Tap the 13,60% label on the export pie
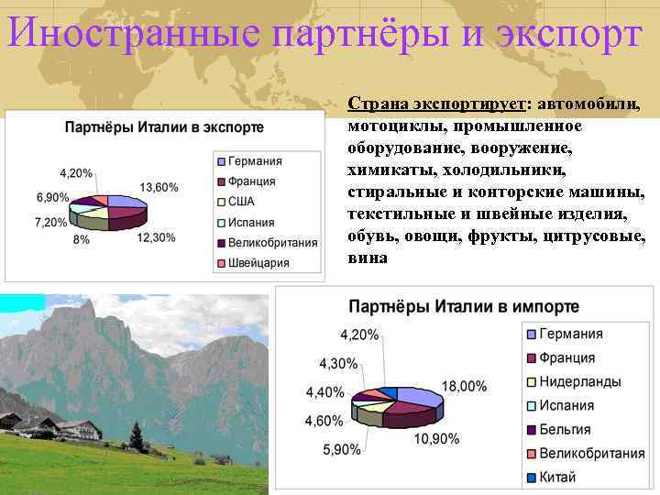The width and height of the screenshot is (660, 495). [159, 187]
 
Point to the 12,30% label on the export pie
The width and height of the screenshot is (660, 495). [156, 237]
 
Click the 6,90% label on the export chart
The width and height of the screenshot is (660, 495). [53, 197]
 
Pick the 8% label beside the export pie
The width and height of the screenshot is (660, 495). [81, 238]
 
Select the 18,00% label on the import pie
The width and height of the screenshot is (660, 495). [464, 387]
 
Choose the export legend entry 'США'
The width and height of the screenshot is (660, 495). [241, 202]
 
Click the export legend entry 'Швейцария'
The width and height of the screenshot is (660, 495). [258, 263]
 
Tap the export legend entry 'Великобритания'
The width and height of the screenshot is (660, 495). [272, 243]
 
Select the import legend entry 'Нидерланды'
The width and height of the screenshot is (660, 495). [580, 381]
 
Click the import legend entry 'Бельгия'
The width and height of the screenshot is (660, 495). [565, 429]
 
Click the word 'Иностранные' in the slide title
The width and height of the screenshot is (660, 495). [135, 35]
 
